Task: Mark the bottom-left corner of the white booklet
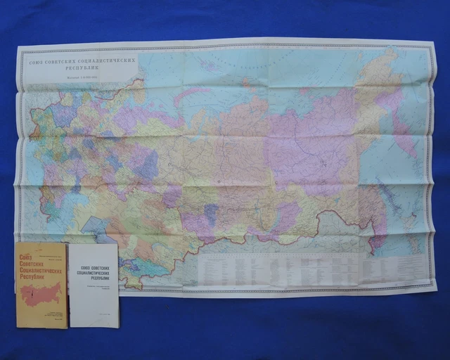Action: click(x=70, y=327)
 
